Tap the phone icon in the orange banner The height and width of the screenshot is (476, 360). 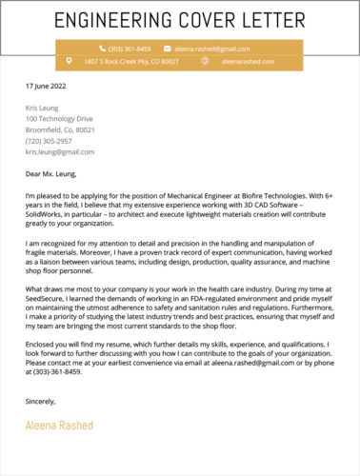[100, 48]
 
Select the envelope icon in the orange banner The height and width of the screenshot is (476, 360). [168, 48]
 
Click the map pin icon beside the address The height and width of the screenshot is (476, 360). [67, 61]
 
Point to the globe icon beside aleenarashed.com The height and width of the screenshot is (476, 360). [205, 61]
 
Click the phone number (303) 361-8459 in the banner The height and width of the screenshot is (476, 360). [130, 48]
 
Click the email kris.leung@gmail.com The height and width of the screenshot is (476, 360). [60, 151]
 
